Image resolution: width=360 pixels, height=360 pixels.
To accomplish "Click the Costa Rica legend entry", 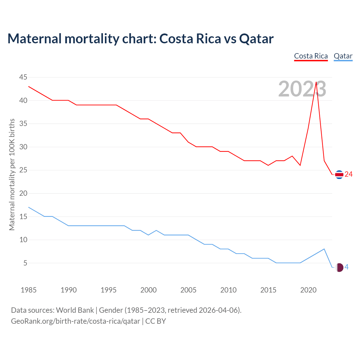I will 311,56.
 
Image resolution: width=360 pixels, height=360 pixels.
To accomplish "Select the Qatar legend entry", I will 343,56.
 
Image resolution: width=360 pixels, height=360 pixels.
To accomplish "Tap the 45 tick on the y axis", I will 23,77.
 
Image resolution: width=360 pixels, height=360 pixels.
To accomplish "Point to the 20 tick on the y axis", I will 23,193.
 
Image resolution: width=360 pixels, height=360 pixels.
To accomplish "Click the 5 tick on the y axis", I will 25,263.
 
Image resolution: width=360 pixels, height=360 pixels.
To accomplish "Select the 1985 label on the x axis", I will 28,290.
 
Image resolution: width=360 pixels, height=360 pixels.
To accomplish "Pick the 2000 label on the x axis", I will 148,290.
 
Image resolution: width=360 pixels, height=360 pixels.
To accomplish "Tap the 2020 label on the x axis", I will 308,290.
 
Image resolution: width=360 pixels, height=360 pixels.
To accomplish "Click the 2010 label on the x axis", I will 228,290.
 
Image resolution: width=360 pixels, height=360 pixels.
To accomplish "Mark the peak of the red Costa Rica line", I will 316,82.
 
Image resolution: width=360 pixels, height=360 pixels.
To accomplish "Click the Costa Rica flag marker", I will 339,175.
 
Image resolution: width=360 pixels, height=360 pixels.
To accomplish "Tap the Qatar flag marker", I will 339,267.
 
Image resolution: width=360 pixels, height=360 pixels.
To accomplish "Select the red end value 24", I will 348,174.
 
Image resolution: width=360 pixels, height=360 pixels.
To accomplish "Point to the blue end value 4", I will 346,267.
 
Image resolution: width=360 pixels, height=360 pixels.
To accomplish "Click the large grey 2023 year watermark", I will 302,89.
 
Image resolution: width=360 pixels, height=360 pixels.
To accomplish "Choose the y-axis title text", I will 12,175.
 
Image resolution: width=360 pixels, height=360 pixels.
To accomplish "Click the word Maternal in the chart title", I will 34,39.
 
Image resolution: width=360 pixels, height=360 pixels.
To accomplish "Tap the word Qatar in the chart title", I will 256,39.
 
